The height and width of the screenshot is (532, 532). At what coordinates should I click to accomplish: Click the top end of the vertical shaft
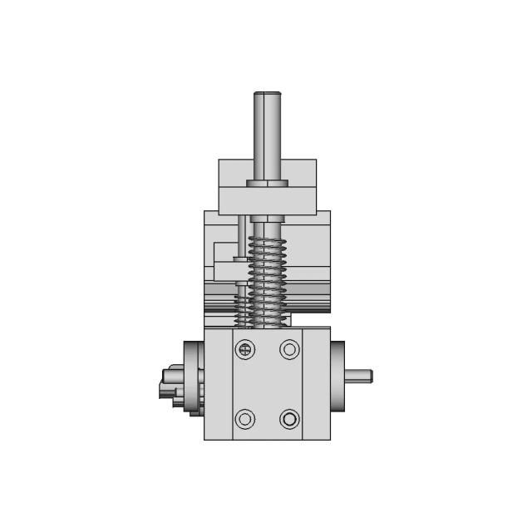pyautogui.click(x=267, y=95)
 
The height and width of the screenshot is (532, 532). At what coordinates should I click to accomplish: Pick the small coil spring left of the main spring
pyautogui.click(x=242, y=305)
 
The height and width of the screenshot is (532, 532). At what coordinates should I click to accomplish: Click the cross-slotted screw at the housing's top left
pyautogui.click(x=245, y=350)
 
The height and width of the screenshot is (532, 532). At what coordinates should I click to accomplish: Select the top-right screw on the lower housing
pyautogui.click(x=289, y=350)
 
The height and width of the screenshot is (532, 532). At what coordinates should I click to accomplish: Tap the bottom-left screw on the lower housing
pyautogui.click(x=245, y=418)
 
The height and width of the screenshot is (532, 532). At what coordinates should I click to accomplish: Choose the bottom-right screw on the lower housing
pyautogui.click(x=289, y=418)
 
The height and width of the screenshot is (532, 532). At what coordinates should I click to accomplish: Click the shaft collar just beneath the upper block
pyautogui.click(x=267, y=219)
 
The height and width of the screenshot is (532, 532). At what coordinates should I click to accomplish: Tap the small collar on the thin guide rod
pyautogui.click(x=240, y=259)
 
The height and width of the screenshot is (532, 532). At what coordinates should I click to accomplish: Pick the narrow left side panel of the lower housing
pyautogui.click(x=218, y=382)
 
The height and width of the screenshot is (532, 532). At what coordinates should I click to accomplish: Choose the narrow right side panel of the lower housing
pyautogui.click(x=316, y=382)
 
